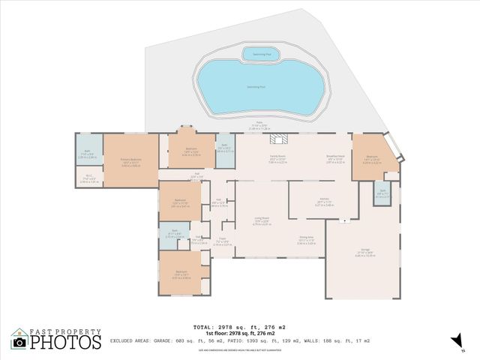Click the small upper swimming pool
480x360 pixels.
coord(261,53)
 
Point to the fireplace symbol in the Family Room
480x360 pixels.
coord(280,138)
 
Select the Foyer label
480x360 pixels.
coord(223,241)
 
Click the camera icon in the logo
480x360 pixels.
coord(19,342)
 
